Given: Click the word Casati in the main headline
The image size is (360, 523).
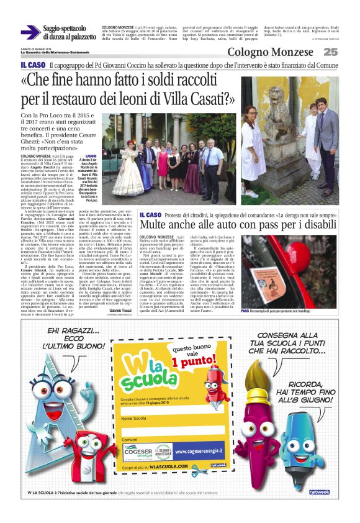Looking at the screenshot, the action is (x=204, y=98).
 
